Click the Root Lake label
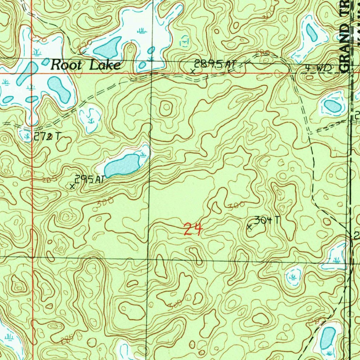click(85, 65)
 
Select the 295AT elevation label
click(90, 179)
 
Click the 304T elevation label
click(268, 220)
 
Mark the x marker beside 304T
click(250, 227)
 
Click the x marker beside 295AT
click(72, 186)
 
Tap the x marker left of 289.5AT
click(192, 71)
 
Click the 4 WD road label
click(318, 69)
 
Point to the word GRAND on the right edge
click(346, 46)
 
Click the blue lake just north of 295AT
click(122, 165)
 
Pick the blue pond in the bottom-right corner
click(327, 338)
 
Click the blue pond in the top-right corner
click(311, 32)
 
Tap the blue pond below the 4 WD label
click(332, 105)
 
